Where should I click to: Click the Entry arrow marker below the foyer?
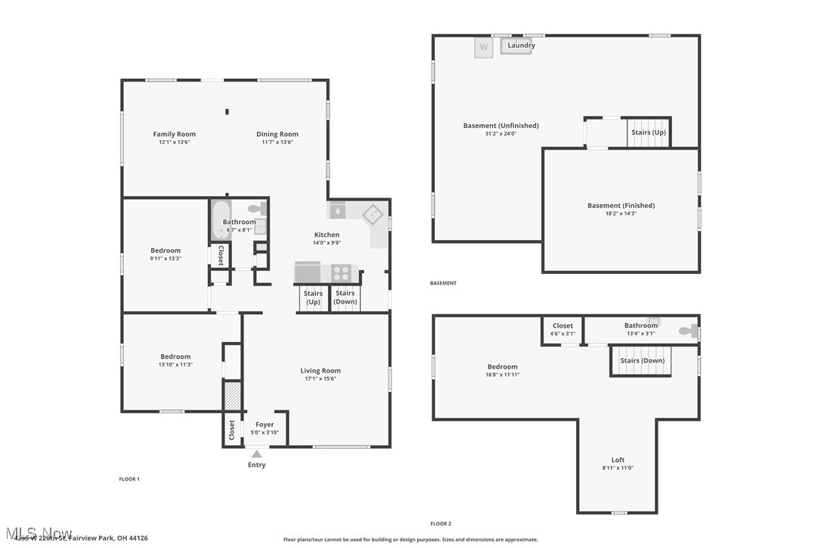coord(256,454)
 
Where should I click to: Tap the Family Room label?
coord(175,134)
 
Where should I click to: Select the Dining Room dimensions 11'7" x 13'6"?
coord(277,142)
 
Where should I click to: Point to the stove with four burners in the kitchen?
coord(342,272)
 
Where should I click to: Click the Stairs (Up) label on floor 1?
coord(313,297)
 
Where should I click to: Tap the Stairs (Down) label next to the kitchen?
coord(345,297)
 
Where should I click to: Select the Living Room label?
coord(321,371)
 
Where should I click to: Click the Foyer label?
coord(265,425)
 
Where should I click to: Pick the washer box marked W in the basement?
coord(484,48)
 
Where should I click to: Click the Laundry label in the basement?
coord(521,45)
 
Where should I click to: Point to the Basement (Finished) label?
coord(621,205)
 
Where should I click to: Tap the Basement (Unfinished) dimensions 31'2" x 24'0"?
coord(500,134)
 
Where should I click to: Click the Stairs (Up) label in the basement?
coord(649,132)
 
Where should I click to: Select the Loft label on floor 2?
coord(618,459)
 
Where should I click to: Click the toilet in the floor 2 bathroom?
coord(687,331)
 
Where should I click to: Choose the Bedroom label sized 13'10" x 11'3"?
coord(175,357)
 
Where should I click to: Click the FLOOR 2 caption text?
coord(441,524)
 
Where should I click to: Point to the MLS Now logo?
coord(38,533)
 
